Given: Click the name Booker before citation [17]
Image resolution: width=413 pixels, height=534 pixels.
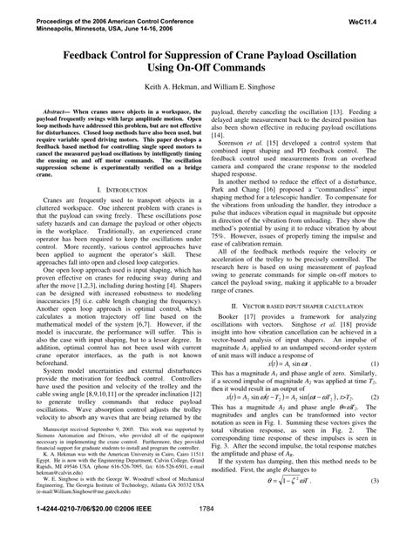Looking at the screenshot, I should click(234, 324).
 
